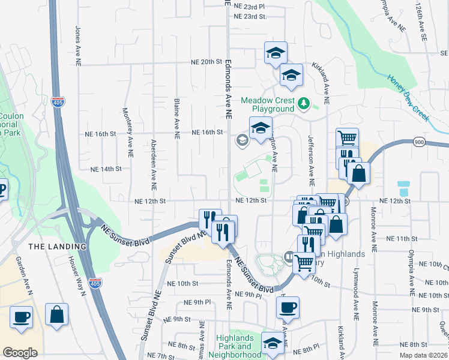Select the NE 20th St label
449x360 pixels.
pyautogui.click(x=206, y=62)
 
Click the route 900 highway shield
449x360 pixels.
pyautogui.click(x=419, y=142)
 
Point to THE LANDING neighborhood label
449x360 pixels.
pyautogui.click(x=57, y=247)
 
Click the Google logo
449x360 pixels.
pyautogui.click(x=20, y=353)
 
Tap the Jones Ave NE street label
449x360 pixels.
pyautogui.click(x=78, y=46)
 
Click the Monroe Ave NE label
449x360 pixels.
pyautogui.click(x=373, y=228)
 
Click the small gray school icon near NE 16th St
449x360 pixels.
pyautogui.click(x=242, y=141)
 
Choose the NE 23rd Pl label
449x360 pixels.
pyautogui.click(x=250, y=5)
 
